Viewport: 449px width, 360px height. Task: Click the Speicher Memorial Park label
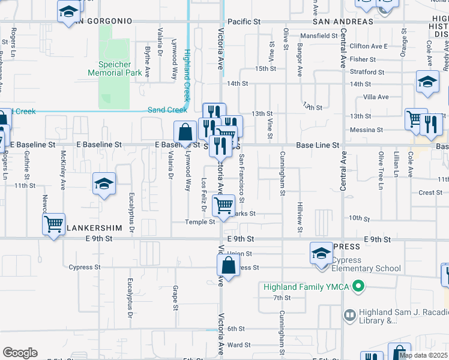(x=114, y=68)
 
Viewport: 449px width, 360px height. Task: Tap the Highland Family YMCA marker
(x=358, y=286)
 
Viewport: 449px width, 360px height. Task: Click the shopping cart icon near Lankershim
(x=53, y=224)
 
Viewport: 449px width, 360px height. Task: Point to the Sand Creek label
(x=167, y=110)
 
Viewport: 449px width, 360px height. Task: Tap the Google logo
(x=20, y=353)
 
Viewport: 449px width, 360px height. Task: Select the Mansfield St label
(x=319, y=36)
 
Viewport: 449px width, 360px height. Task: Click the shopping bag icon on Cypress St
(x=228, y=264)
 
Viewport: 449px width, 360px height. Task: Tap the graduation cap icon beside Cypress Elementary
(x=322, y=253)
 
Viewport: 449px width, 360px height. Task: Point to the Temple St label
(x=200, y=222)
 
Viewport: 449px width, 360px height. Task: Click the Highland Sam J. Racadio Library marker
(x=349, y=314)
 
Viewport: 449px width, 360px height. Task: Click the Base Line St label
(x=318, y=145)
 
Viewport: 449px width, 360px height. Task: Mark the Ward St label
(x=238, y=345)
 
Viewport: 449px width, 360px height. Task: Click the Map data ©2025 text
(x=423, y=355)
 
